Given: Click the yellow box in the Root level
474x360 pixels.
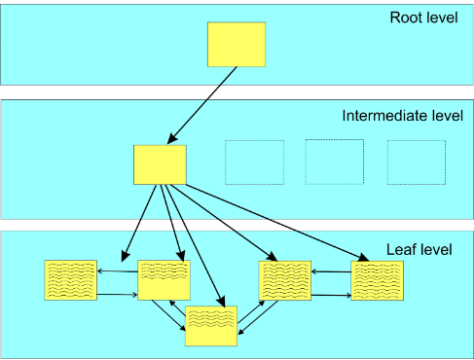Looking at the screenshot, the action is tap(237, 45).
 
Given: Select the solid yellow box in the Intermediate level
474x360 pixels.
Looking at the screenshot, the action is tap(160, 164).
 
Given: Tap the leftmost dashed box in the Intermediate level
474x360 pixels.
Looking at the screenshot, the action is tap(254, 162).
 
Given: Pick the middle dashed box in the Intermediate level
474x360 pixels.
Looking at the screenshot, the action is tap(335, 162).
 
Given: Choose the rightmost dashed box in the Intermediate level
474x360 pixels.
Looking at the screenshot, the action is tap(417, 162).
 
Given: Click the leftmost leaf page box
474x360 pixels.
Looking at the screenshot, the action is tap(71, 280).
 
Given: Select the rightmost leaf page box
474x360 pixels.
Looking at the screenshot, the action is tap(378, 280).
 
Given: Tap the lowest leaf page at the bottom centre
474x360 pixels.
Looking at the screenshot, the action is tap(211, 326).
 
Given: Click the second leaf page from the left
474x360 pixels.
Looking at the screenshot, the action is tap(164, 280).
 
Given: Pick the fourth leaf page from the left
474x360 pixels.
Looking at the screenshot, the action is tap(285, 280).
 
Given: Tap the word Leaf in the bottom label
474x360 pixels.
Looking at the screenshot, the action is tap(398, 249).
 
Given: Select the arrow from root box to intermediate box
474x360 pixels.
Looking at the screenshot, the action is tap(201, 105).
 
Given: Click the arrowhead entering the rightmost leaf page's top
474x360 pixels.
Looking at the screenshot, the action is tap(364, 258).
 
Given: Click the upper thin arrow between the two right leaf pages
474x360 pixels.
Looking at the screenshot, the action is tap(331, 271).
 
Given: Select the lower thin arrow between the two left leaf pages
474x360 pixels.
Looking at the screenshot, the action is tap(117, 295).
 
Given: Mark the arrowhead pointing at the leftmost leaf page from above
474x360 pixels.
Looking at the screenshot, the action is tap(126, 256).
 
